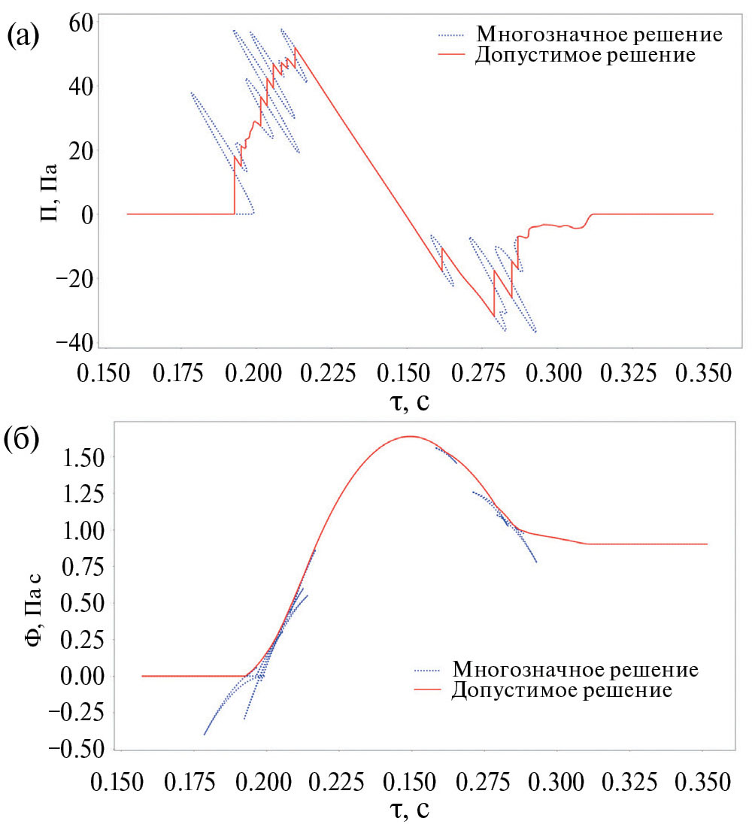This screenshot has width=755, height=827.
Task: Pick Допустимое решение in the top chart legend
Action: (x=585, y=55)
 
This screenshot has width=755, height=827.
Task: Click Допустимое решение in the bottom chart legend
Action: (x=562, y=689)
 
